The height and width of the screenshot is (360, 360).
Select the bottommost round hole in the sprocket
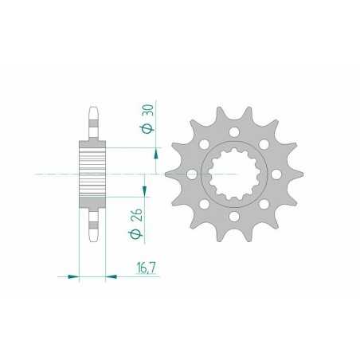235,216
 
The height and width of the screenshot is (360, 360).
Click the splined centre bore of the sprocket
233,174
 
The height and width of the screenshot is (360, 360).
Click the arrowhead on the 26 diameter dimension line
143,192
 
